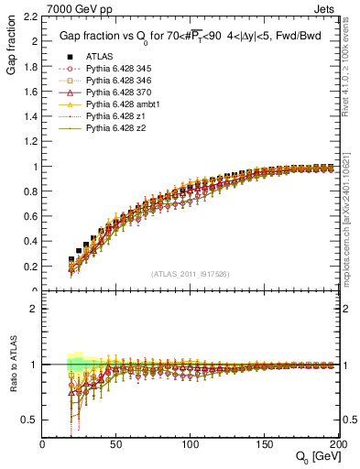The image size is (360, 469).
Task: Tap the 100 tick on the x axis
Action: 189,445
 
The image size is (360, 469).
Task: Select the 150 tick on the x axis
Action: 262,445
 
